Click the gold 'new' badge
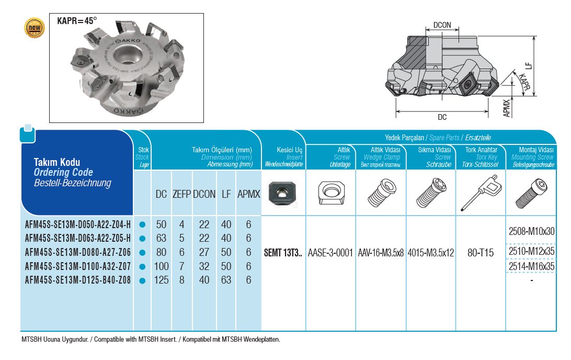pos(35,28)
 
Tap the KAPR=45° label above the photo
pos(77,21)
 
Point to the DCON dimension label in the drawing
pos(442,25)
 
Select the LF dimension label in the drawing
pos(529,66)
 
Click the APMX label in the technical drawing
pos(507,108)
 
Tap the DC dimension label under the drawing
pos(442,117)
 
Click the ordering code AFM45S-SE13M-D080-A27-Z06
pos(77,252)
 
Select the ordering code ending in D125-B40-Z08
pos(77,280)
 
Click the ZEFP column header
pos(182,194)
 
